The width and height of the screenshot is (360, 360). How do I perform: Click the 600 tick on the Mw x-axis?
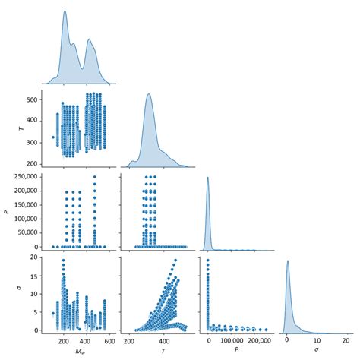pos(110,341)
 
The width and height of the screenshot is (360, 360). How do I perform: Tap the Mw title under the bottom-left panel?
pos(80,352)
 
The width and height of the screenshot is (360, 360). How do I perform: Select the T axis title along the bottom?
pos(156,352)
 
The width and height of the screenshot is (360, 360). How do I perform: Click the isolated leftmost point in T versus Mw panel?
pos(52,137)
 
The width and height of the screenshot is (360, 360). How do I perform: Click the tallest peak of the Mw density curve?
pos(65,11)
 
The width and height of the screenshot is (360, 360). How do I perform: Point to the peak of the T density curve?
pos(149,94)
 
